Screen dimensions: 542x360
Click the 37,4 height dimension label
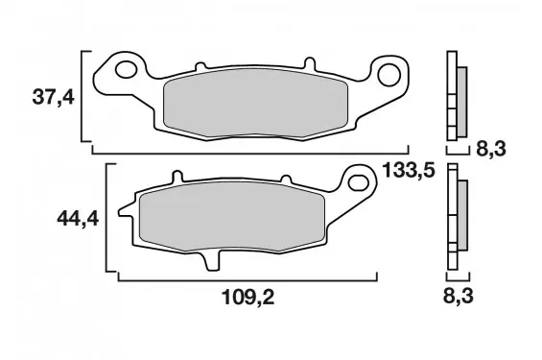(x=53, y=97)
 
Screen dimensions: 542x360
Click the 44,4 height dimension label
(x=78, y=219)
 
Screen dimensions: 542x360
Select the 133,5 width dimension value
(x=409, y=170)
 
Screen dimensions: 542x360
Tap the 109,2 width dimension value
(x=247, y=297)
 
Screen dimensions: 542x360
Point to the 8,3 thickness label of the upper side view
(x=491, y=149)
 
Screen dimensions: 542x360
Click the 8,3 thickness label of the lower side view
(x=458, y=297)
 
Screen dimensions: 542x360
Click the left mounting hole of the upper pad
(x=127, y=69)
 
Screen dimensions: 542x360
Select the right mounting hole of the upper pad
(x=389, y=75)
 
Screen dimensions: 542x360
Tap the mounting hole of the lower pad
(x=359, y=183)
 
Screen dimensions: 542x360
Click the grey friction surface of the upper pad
(x=255, y=103)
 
